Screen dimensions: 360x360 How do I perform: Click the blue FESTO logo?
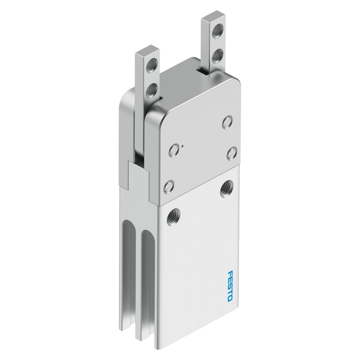[230, 286]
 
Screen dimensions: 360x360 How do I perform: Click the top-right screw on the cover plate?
[227, 122]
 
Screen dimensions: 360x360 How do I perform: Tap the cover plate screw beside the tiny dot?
[174, 150]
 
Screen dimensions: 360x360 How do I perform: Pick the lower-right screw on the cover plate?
[232, 153]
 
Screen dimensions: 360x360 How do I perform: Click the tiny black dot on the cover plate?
[182, 145]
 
